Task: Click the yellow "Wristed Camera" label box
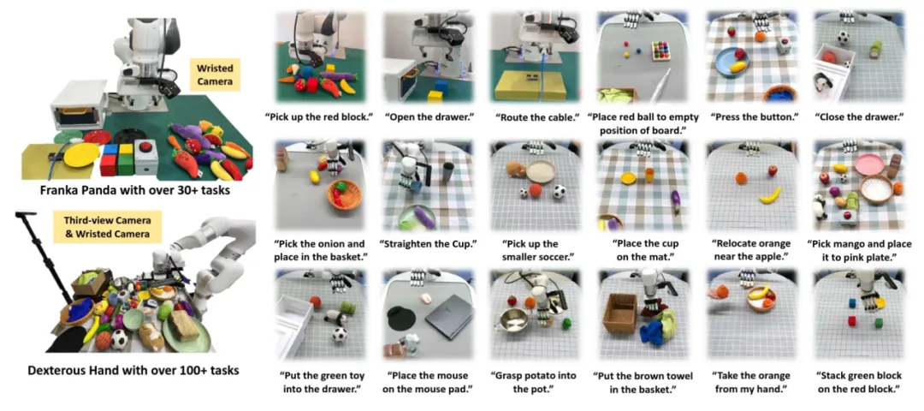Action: (x=214, y=74)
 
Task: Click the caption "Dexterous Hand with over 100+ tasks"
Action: (x=133, y=370)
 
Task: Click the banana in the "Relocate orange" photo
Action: (x=770, y=195)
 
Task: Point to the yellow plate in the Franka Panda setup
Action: (x=81, y=155)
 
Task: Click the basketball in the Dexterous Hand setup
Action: (x=104, y=341)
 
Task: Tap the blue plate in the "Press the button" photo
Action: (x=730, y=62)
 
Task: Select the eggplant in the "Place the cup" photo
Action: (x=675, y=202)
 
